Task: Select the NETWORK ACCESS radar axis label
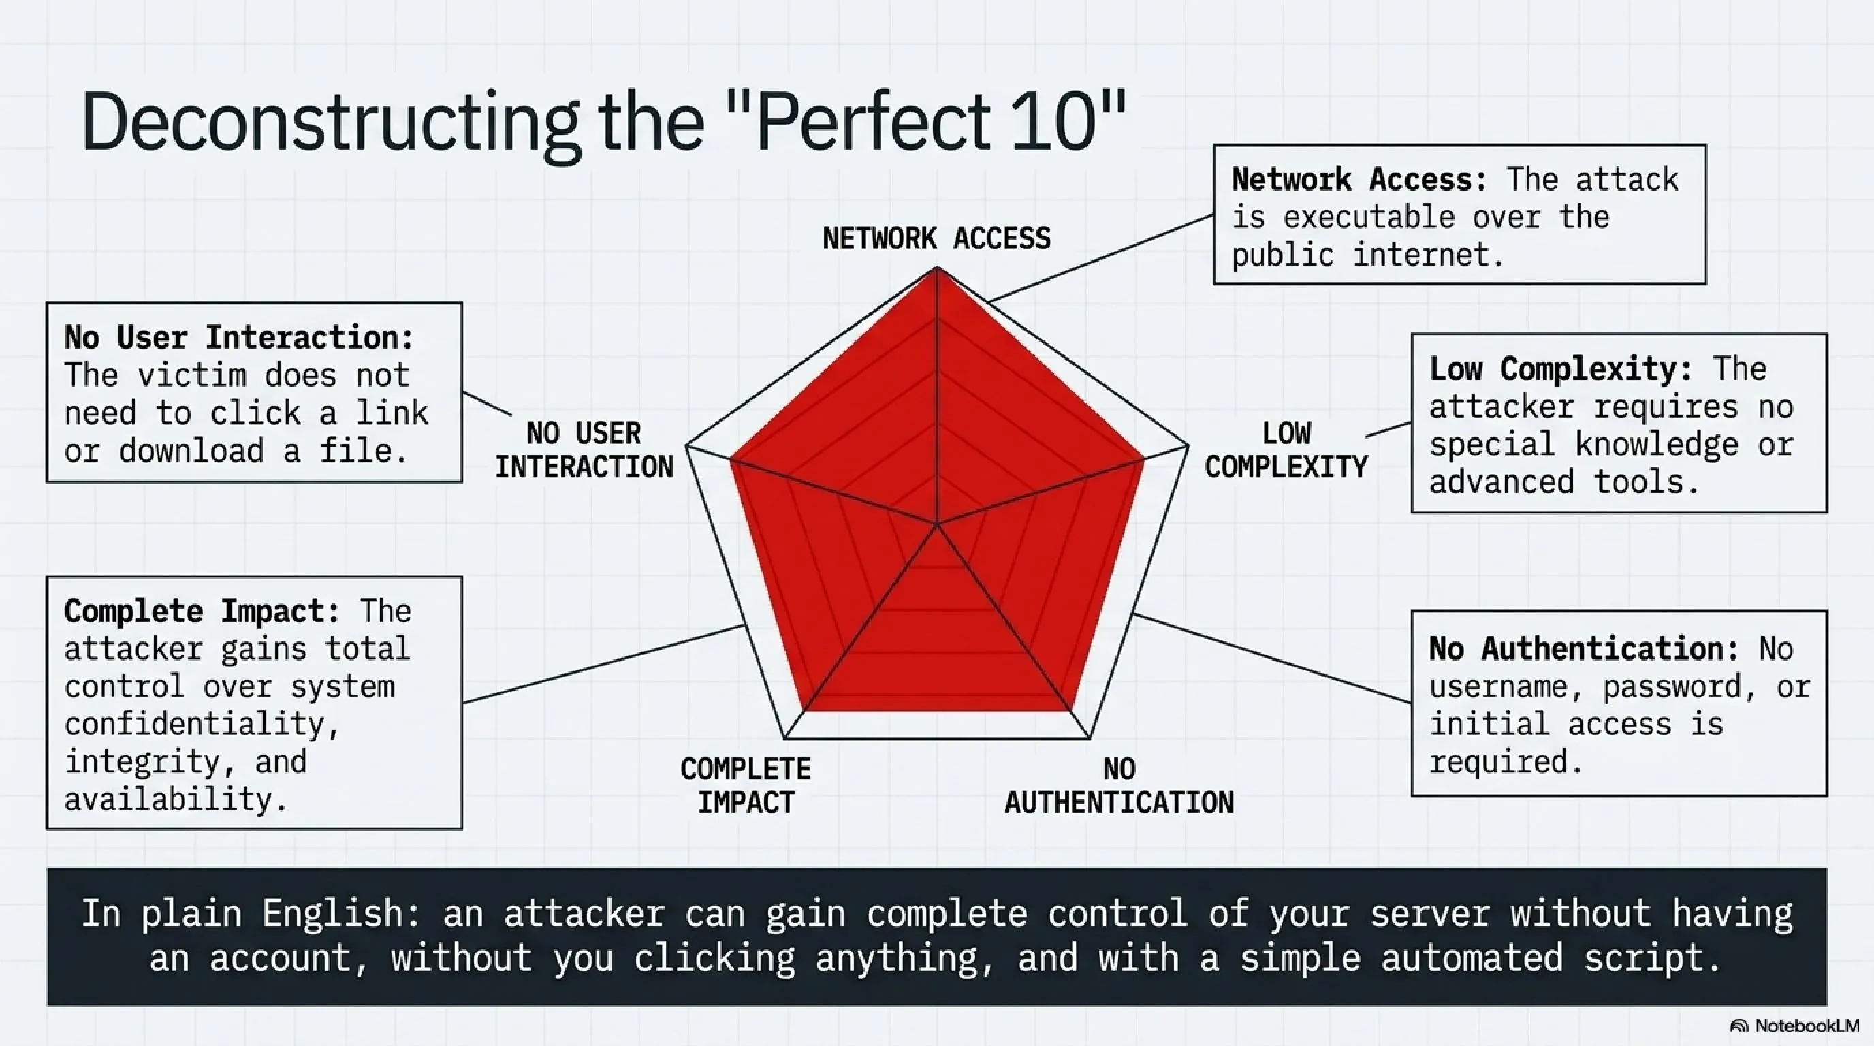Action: tap(936, 238)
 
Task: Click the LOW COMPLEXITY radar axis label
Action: tap(1286, 449)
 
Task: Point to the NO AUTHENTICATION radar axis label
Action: tap(1119, 786)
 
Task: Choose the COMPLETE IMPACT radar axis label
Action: tap(746, 786)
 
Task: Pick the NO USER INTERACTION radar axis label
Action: tap(584, 449)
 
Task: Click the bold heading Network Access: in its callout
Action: tap(1359, 179)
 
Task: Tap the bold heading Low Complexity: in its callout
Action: tap(1561, 369)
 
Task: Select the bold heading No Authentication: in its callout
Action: tap(1585, 649)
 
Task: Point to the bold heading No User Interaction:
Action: tap(238, 337)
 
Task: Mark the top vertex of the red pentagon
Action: tap(937, 267)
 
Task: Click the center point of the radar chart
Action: tap(937, 523)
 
